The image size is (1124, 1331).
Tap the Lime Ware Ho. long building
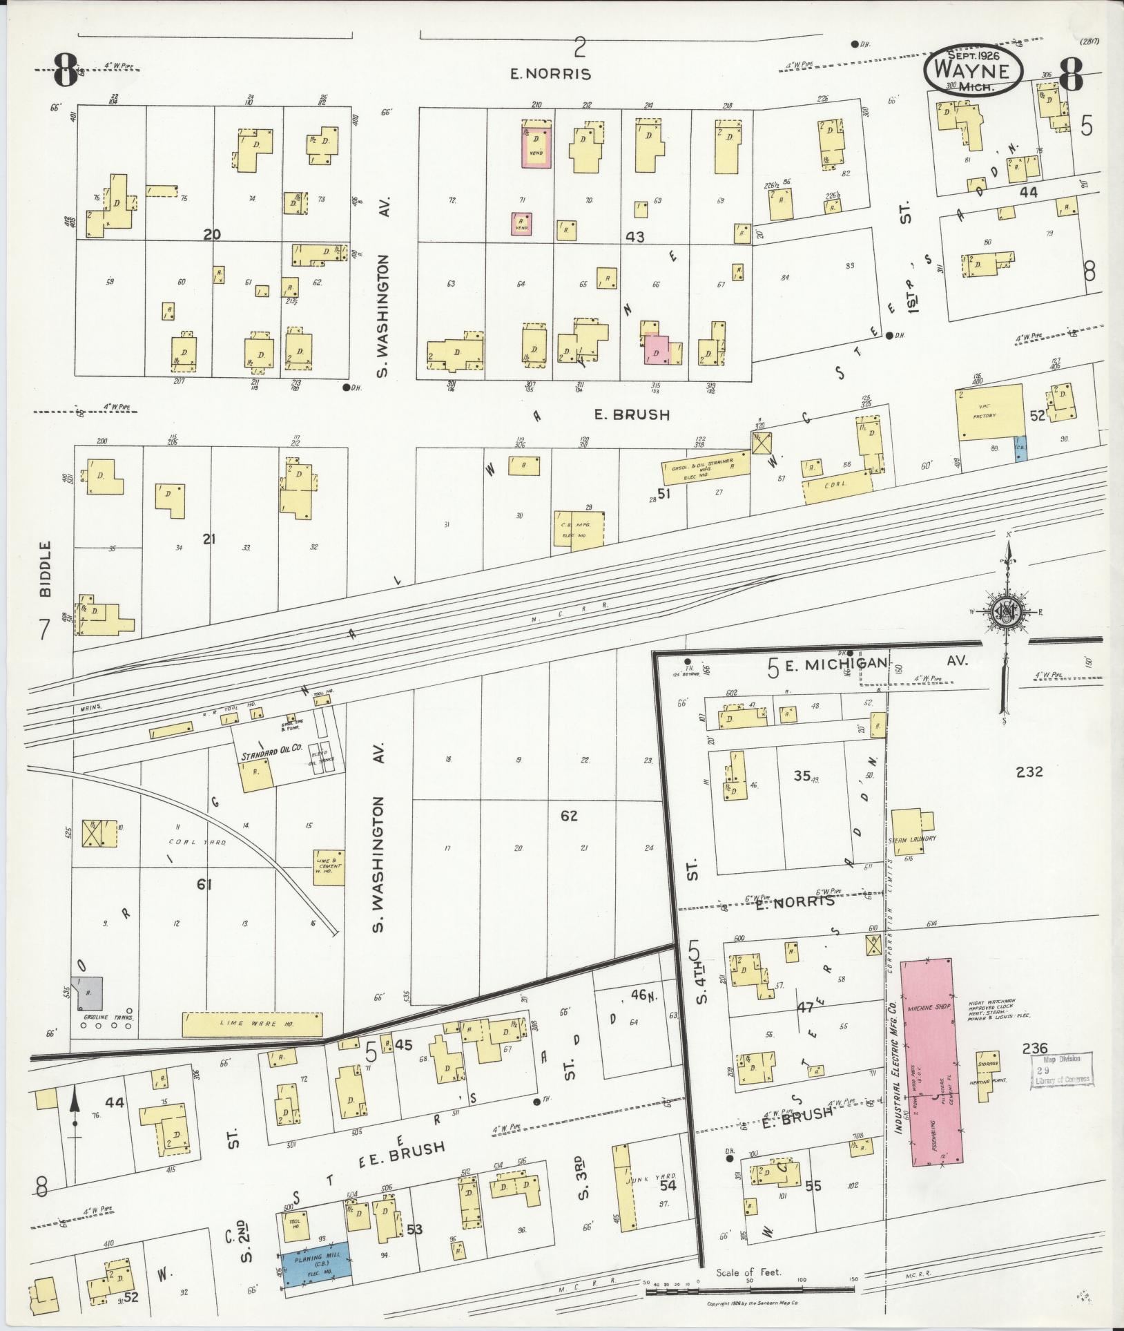252,1024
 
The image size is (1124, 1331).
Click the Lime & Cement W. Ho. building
329,866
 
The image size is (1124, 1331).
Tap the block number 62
569,816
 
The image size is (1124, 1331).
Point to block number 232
1029,772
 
